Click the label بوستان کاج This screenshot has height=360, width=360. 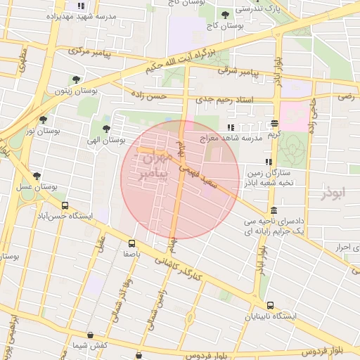[224, 25]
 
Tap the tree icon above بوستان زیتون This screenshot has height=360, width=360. [75, 79]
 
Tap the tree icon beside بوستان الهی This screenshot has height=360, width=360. [105, 129]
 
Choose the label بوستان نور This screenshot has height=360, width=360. [41, 131]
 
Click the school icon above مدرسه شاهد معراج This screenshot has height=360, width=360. [231, 127]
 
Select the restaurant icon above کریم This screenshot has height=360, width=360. [274, 123]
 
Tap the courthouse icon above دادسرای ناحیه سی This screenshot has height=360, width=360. [273, 211]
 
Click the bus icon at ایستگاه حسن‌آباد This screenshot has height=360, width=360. [65, 206]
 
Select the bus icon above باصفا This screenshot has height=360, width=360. [131, 243]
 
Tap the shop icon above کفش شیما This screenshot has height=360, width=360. [89, 335]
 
